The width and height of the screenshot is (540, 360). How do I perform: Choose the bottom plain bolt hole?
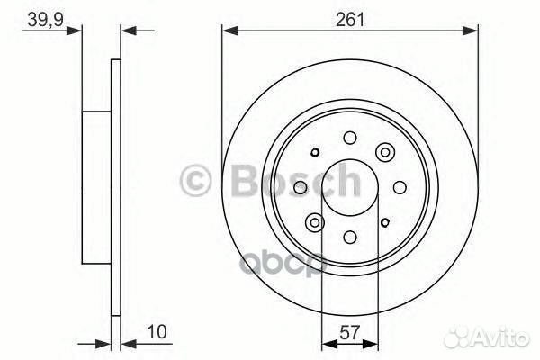click(x=350, y=238)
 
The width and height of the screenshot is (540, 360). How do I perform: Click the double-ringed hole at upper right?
click(x=386, y=151)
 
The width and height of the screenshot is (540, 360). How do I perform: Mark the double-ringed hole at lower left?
click(x=314, y=222)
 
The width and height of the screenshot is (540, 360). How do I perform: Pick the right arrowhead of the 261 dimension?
click(x=472, y=31)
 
